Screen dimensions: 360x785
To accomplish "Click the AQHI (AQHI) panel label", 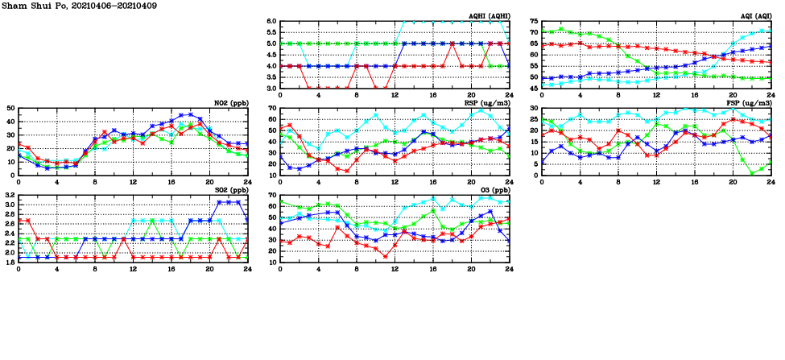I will [488, 16].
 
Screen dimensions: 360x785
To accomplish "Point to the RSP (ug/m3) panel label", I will [486, 103].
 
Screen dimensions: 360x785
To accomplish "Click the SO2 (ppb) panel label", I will [230, 190].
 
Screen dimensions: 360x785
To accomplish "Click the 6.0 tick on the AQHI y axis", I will [271, 22].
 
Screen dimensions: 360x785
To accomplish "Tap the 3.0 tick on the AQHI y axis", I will [271, 89].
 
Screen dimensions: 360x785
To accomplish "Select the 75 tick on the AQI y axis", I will [533, 22].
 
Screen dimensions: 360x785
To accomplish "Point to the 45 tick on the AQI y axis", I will [533, 89].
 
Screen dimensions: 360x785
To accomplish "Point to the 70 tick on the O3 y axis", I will [271, 195].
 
